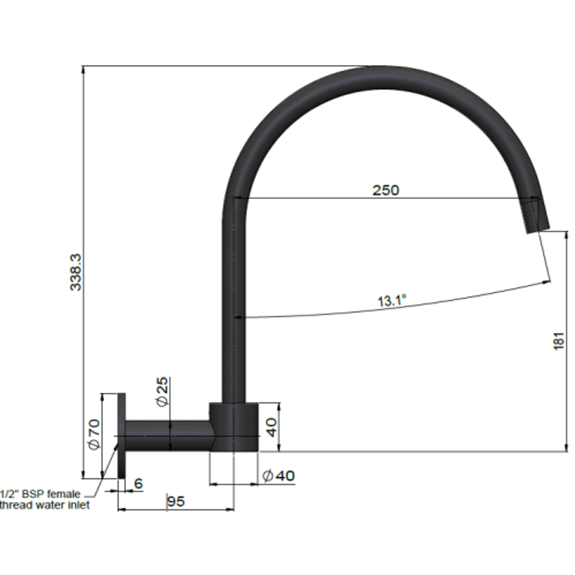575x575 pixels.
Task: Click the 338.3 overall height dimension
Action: [x=76, y=272]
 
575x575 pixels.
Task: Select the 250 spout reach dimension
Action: [x=385, y=190]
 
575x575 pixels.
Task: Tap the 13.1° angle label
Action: [x=392, y=301]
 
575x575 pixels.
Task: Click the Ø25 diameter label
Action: [x=162, y=392]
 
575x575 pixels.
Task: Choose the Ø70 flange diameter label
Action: [x=93, y=434]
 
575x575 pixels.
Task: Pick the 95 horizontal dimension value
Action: [x=176, y=501]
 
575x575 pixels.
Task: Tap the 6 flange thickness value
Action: [x=138, y=483]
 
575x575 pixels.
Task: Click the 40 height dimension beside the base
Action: [x=272, y=427]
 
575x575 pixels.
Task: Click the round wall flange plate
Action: [x=121, y=436]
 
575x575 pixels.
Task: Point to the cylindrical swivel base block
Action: [x=234, y=427]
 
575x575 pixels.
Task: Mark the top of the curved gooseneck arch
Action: [x=381, y=77]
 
